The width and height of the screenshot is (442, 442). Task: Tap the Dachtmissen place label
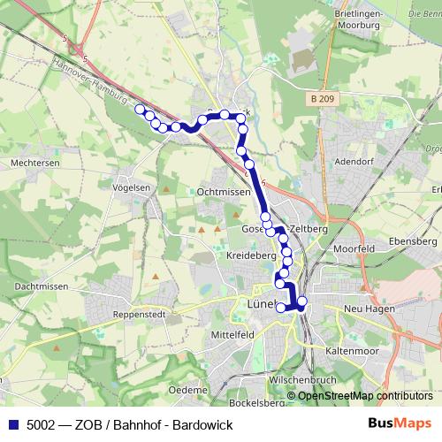click(42, 286)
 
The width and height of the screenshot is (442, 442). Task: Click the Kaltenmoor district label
click(352, 350)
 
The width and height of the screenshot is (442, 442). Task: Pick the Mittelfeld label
click(232, 335)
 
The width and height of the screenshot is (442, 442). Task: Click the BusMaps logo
click(401, 424)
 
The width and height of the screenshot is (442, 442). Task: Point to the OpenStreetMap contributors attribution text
click(365, 396)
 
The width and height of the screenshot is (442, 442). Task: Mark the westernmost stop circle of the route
click(139, 110)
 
